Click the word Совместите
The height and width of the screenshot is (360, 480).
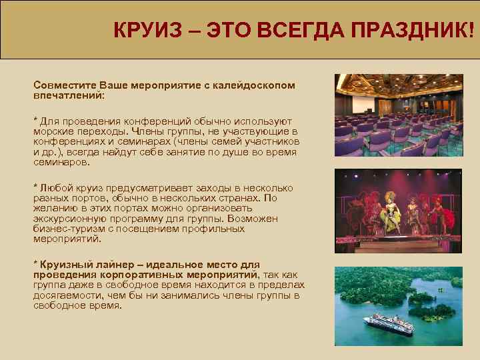[65, 86]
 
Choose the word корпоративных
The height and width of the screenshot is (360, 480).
[125, 275]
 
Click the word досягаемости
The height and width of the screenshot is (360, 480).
[67, 295]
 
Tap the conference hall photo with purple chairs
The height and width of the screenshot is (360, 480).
[398, 115]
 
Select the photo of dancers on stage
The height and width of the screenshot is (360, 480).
[398, 210]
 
